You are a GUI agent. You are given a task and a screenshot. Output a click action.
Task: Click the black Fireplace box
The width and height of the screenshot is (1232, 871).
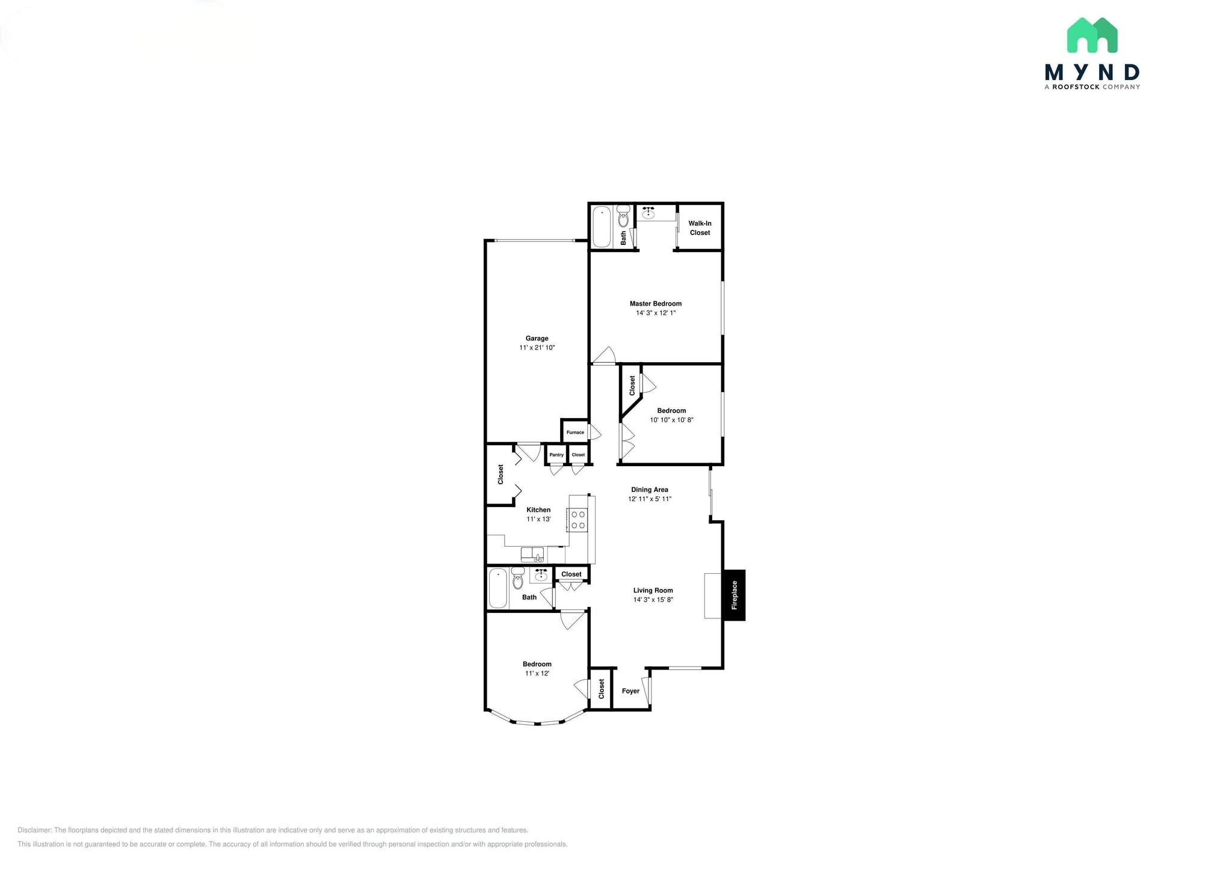click(734, 595)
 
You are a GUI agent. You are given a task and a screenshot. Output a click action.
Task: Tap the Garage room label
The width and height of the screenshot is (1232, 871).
click(537, 338)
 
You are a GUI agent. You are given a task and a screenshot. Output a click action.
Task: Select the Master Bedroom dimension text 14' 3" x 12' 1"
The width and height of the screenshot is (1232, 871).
click(655, 313)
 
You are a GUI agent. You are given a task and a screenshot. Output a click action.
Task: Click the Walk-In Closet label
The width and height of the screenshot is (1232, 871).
click(700, 228)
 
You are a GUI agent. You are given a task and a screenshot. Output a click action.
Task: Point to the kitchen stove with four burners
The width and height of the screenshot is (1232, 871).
click(578, 520)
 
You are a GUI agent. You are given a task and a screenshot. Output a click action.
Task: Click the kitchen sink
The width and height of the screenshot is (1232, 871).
click(532, 554)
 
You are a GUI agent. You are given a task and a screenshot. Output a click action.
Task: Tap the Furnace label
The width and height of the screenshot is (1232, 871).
click(575, 432)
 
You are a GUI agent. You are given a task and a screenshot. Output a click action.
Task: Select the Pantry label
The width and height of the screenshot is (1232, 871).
click(556, 455)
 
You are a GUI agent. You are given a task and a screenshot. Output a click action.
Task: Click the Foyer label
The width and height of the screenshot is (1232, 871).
click(630, 691)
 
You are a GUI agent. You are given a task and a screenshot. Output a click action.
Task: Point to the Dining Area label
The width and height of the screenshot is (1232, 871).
click(649, 490)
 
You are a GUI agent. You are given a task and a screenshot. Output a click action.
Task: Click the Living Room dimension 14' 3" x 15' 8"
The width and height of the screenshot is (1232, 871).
click(653, 600)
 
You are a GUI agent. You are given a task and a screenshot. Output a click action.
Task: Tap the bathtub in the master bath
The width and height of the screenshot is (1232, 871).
click(602, 227)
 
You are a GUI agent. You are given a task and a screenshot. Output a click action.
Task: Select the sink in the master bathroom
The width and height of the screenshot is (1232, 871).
click(648, 214)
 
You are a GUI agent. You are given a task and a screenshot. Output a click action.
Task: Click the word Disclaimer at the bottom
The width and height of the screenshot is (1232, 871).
click(34, 830)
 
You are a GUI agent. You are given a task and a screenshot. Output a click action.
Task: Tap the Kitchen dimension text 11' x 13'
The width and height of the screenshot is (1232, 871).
click(538, 519)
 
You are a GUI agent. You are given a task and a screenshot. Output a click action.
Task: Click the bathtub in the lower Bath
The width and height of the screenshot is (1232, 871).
click(497, 588)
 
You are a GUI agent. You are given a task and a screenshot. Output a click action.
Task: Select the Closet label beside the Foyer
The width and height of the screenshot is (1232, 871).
click(601, 689)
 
